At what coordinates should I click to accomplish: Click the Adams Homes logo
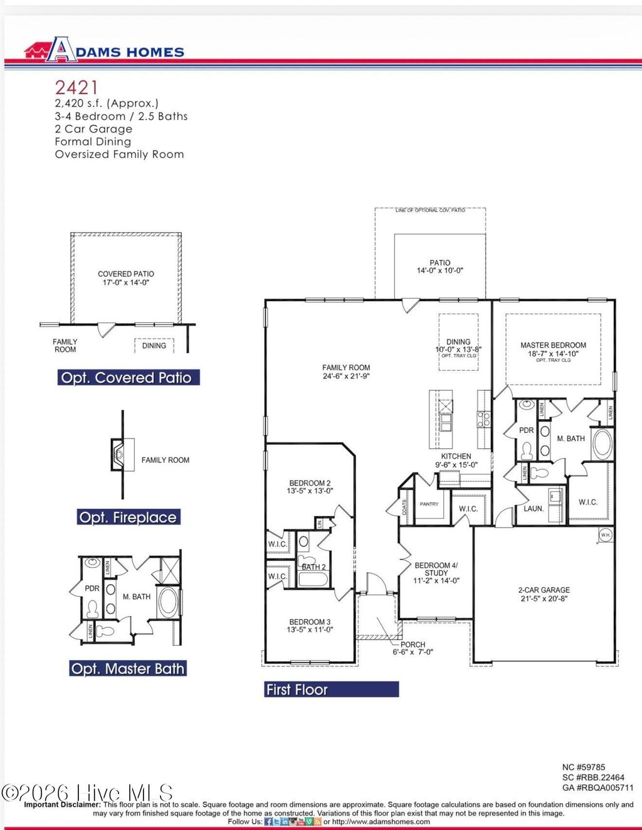click(104, 51)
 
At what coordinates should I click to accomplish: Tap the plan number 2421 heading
click(76, 87)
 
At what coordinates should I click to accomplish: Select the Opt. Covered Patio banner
click(126, 378)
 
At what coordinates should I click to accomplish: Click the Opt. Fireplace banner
click(128, 518)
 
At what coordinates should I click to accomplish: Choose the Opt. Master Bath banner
click(128, 669)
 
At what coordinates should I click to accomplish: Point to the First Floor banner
click(331, 689)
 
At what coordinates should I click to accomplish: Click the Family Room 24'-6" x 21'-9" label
click(346, 372)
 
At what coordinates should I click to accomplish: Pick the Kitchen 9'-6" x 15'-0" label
click(456, 460)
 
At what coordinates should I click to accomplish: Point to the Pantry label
click(429, 504)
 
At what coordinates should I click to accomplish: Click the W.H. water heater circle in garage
click(605, 535)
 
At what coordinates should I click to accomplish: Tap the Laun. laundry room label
click(534, 509)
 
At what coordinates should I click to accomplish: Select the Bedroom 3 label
click(310, 625)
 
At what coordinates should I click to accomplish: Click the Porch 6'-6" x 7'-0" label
click(413, 648)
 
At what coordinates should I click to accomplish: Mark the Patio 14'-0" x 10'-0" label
click(440, 267)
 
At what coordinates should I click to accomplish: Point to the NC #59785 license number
click(584, 767)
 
